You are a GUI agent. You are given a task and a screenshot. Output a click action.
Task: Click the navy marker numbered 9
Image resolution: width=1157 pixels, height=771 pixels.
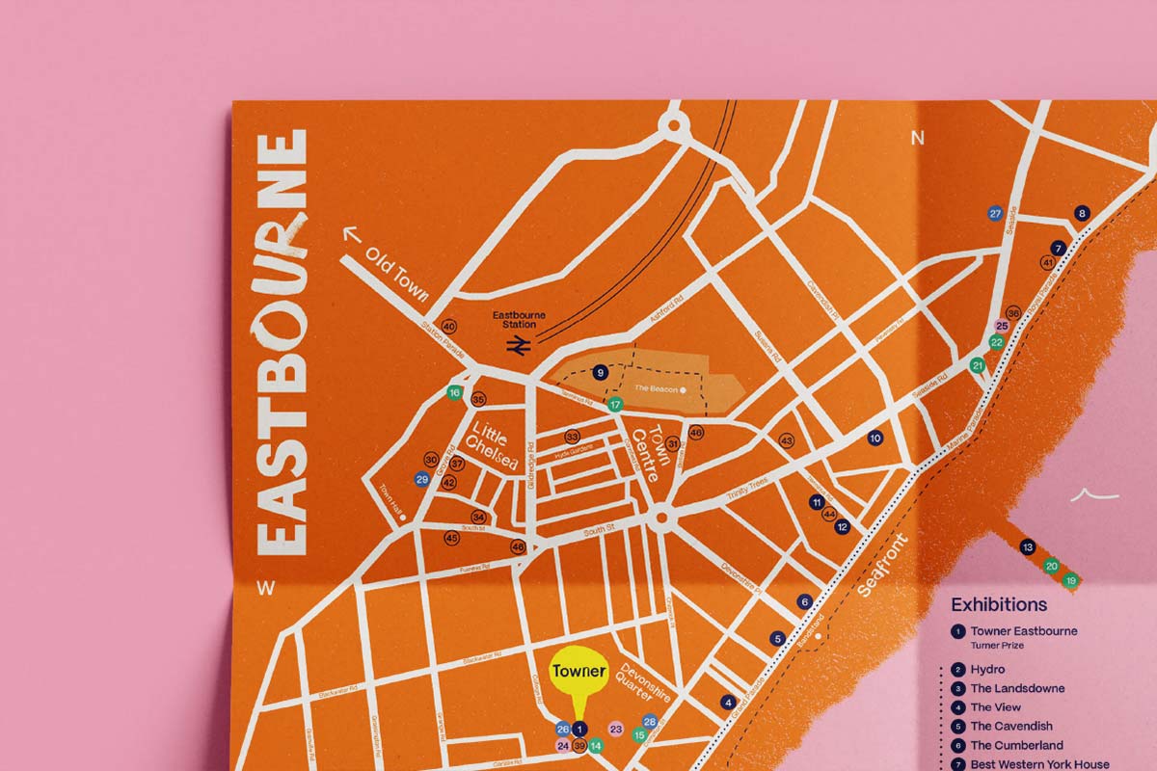[600, 372]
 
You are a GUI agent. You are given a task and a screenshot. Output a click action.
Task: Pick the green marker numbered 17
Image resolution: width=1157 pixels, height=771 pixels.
[615, 405]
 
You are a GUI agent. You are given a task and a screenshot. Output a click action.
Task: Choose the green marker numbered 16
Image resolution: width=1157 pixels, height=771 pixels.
[454, 393]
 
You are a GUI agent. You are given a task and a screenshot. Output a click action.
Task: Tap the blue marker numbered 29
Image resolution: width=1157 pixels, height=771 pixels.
[421, 479]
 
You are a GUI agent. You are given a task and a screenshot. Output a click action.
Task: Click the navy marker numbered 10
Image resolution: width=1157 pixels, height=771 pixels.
[875, 439]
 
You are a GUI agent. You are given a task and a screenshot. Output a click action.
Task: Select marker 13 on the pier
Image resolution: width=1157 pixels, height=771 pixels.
[1028, 546]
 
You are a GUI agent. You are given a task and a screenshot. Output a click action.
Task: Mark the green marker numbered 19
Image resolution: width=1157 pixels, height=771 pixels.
[1070, 580]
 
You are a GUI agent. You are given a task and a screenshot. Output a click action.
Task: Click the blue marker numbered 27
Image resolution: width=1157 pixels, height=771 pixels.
[996, 213]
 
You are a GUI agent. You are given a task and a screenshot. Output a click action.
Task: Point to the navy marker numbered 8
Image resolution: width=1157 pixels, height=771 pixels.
[1082, 214]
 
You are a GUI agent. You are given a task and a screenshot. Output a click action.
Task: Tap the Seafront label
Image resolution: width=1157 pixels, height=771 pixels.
[884, 564]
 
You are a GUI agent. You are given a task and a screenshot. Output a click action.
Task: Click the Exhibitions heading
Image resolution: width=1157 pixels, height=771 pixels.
[999, 605]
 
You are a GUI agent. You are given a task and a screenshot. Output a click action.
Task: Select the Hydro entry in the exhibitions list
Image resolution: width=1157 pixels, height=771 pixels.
[987, 669]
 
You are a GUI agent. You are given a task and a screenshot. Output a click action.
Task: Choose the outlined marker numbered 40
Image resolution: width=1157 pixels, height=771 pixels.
[447, 326]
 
